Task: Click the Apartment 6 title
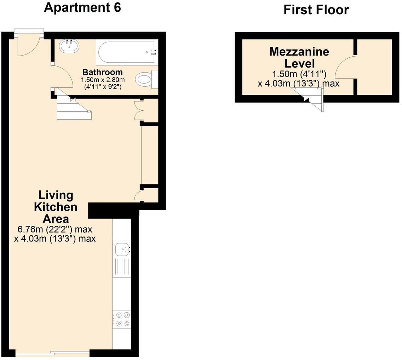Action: click(82, 7)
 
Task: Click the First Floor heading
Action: click(316, 10)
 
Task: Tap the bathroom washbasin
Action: click(69, 46)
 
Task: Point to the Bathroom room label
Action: click(102, 72)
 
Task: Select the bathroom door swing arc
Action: click(63, 78)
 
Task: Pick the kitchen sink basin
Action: click(122, 250)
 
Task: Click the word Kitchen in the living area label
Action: click(56, 207)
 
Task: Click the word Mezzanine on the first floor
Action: click(299, 52)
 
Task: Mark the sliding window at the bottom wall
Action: click(52, 353)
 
